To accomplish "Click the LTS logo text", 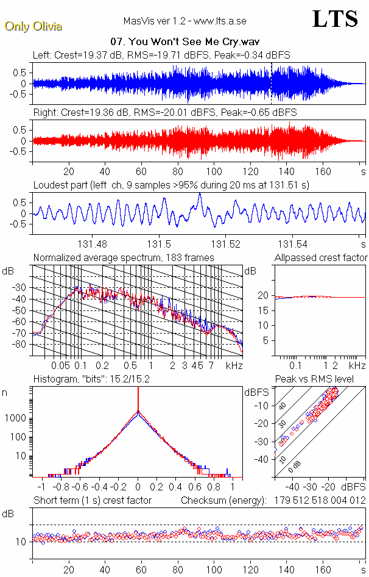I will coord(334,19).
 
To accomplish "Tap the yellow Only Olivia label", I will coord(33,26).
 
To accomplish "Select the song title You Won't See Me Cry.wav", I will coord(184,42).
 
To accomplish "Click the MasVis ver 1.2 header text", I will coord(185,21).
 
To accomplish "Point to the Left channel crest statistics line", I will coord(161,55).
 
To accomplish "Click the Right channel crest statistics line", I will coord(164,113).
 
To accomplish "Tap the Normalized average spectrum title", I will coord(123,258).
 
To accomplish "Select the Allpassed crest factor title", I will coord(321,258).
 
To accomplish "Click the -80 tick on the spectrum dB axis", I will coord(19,345).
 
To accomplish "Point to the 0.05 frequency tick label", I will coord(60,365).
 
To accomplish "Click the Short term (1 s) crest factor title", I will coord(93,501).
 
